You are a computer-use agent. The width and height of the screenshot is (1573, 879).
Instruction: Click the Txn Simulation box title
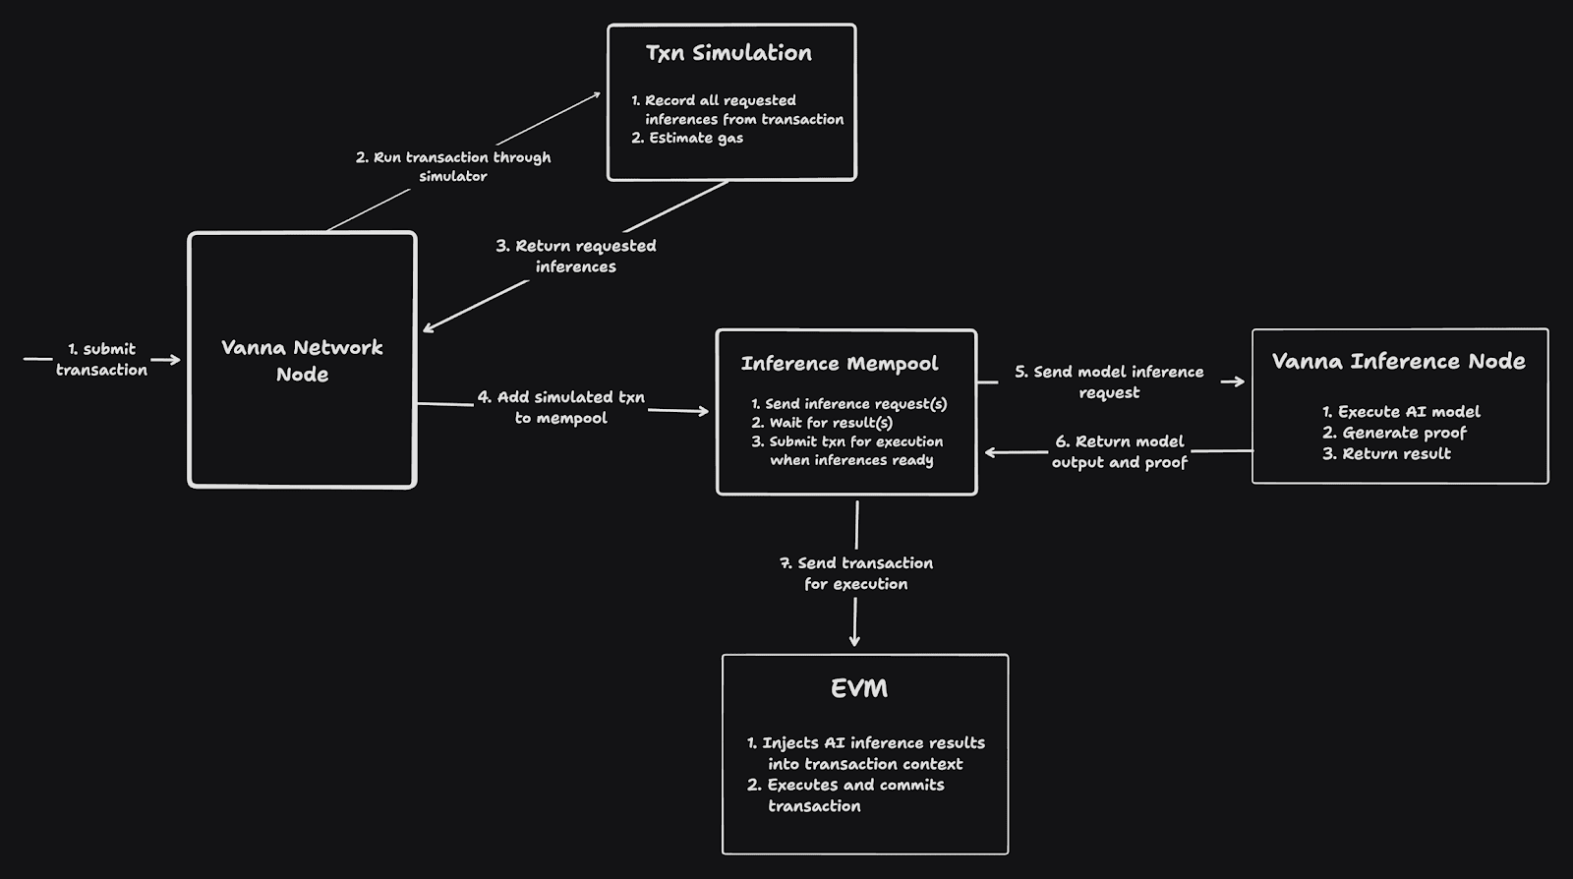(728, 53)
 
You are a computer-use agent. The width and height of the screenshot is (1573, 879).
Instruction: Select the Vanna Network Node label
(302, 360)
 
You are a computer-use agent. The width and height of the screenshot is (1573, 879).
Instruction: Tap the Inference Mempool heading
(840, 364)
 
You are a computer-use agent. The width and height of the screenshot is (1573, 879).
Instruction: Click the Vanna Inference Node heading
(1398, 361)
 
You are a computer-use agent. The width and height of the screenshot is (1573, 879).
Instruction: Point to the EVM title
(859, 688)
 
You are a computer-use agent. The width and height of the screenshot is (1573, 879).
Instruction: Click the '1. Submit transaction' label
(101, 359)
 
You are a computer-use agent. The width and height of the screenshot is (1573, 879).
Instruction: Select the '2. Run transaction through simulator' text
(453, 166)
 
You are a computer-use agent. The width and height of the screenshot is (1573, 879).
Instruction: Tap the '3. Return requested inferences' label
(575, 256)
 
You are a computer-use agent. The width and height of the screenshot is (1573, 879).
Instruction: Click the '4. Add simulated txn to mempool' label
(561, 407)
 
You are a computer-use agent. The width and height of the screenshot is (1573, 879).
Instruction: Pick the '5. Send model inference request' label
(1109, 381)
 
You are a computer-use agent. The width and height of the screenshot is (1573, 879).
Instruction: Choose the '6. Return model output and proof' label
(1119, 451)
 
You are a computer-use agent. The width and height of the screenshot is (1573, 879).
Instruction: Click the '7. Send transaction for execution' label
(856, 573)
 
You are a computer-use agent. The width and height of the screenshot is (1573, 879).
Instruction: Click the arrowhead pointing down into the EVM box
(854, 640)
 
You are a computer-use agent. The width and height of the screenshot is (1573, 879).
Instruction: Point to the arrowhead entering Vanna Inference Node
(1237, 381)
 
